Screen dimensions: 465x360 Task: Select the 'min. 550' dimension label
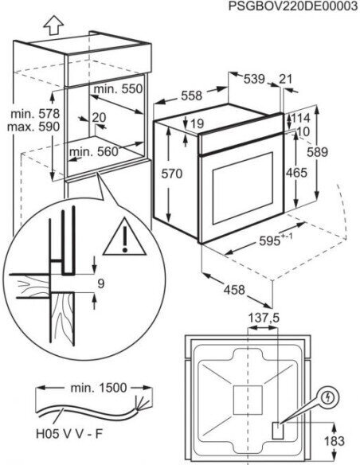click(x=116, y=90)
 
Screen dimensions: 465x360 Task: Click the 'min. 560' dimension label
click(x=93, y=150)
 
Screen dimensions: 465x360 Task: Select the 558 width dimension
click(x=191, y=95)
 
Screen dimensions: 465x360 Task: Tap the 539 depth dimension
click(x=253, y=78)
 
